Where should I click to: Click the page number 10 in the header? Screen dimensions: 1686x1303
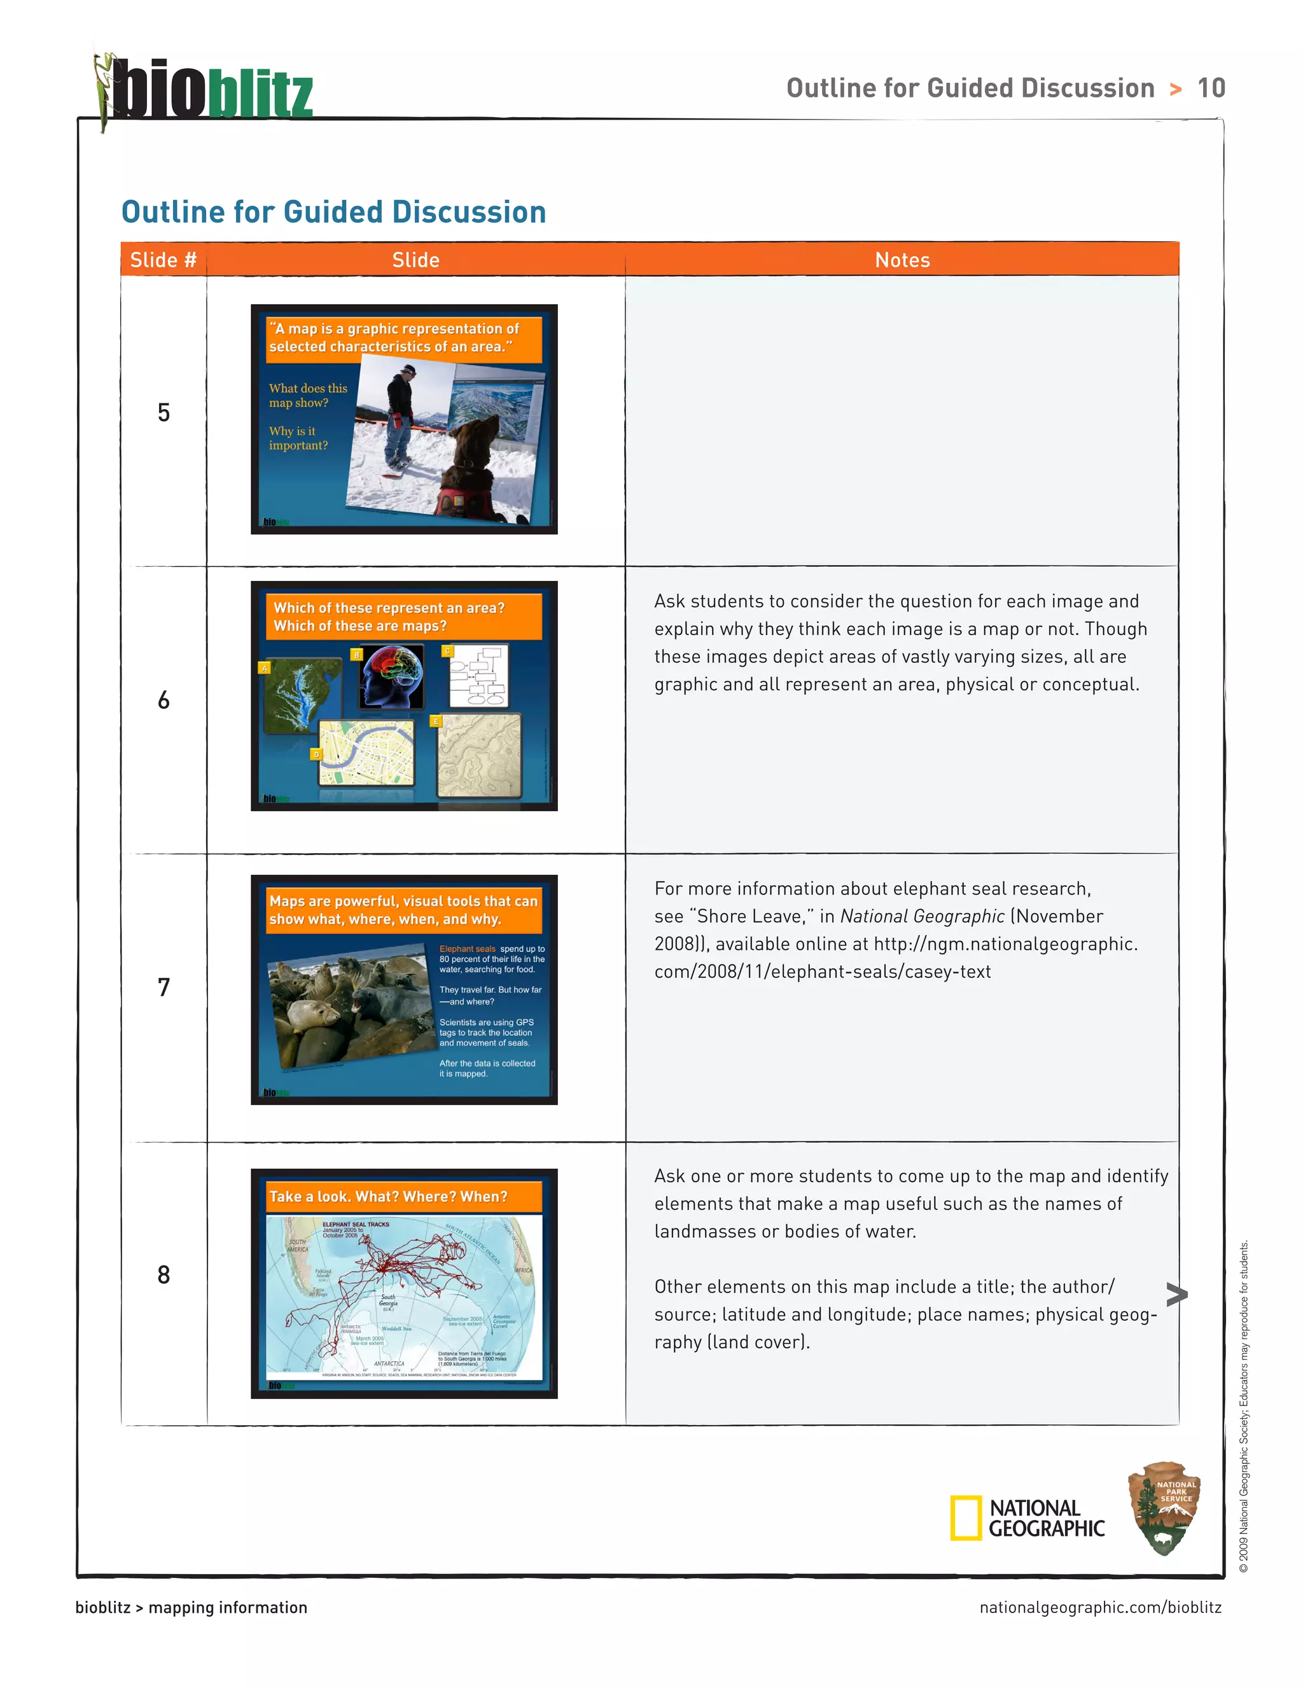pyautogui.click(x=1210, y=88)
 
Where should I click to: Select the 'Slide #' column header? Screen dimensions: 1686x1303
pyautogui.click(x=163, y=260)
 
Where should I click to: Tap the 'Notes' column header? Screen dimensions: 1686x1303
pyautogui.click(x=902, y=260)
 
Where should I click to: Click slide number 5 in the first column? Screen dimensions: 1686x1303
pyautogui.click(x=164, y=412)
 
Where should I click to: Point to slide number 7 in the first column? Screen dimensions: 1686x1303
pyautogui.click(x=164, y=987)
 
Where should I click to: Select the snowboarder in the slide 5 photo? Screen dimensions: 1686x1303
pyautogui.click(x=400, y=421)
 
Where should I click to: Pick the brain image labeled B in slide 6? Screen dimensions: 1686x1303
pyautogui.click(x=392, y=677)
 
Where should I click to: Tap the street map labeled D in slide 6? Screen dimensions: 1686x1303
pyautogui.click(x=366, y=753)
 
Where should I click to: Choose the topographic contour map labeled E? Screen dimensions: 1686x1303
pyautogui.click(x=478, y=755)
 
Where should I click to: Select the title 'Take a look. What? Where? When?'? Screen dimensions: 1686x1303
pyautogui.click(x=388, y=1197)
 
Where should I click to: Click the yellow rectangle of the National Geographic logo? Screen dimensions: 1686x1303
pyautogui.click(x=966, y=1517)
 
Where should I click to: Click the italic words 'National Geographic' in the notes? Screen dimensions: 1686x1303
pyautogui.click(x=922, y=916)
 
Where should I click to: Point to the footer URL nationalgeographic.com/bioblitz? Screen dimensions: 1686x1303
pyautogui.click(x=1100, y=1607)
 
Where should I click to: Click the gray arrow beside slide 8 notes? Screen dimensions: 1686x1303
pyautogui.click(x=1176, y=1295)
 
